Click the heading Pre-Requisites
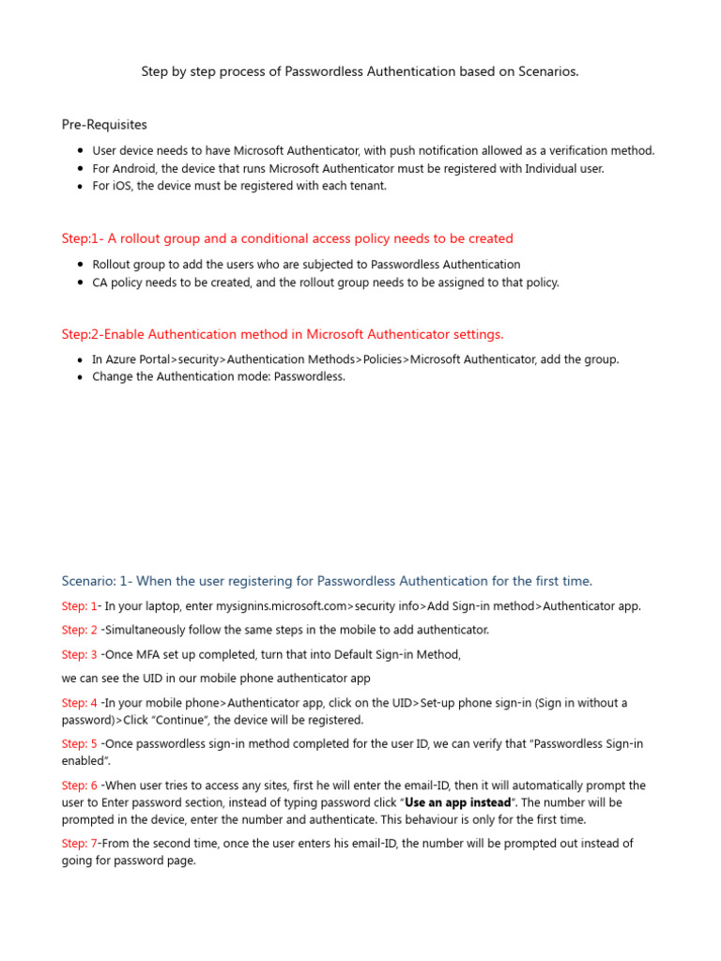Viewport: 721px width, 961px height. [x=104, y=124]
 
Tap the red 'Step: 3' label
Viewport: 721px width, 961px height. [x=79, y=654]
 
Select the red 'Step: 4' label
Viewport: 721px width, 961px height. [x=79, y=703]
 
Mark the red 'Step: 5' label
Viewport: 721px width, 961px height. [x=79, y=744]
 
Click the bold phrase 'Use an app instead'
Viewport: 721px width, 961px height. [x=458, y=802]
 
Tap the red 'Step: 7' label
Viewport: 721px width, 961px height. [x=79, y=844]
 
